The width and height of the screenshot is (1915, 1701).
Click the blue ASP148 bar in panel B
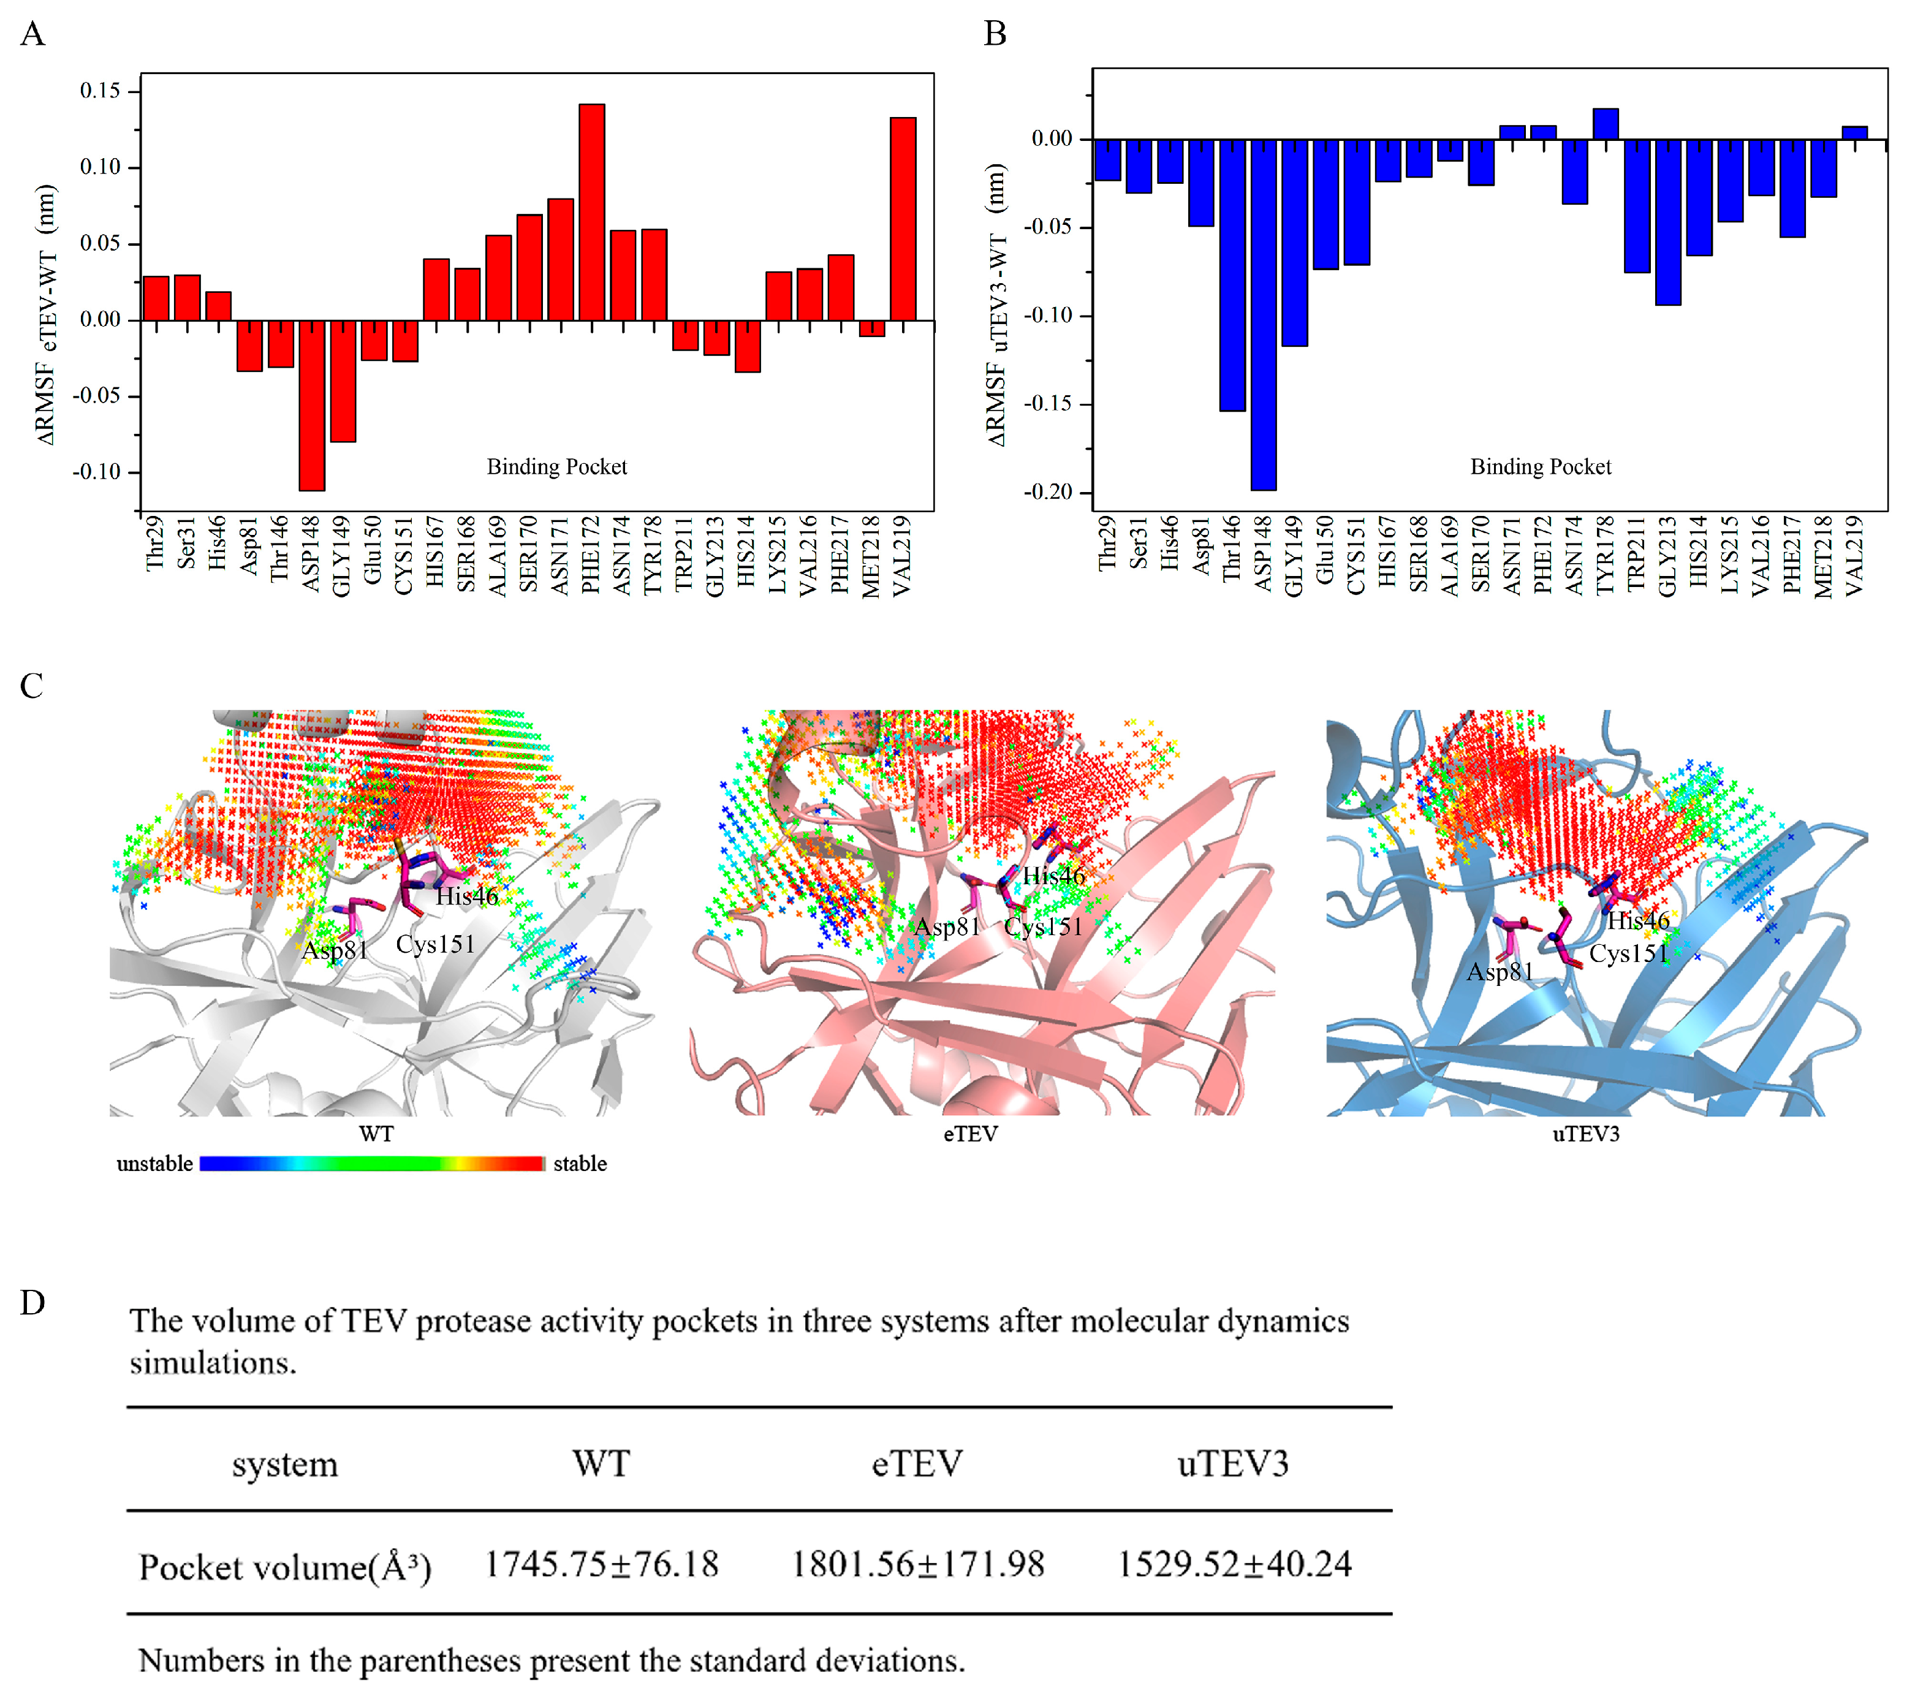click(1263, 315)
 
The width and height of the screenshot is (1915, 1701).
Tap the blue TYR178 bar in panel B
click(1605, 124)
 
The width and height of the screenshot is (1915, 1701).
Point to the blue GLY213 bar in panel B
click(1667, 222)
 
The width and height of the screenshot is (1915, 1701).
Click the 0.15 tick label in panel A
click(100, 91)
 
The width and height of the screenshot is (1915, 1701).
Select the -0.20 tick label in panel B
click(1047, 492)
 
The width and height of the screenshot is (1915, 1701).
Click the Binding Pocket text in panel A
click(556, 466)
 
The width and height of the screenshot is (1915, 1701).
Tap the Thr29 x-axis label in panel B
click(1107, 544)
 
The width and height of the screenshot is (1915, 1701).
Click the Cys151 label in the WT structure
click(434, 944)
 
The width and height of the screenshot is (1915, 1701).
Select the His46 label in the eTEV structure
click(1053, 876)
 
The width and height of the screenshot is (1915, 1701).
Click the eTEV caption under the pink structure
click(971, 1134)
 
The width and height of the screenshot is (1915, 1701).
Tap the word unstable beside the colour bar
click(154, 1164)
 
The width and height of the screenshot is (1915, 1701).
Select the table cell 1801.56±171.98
click(917, 1564)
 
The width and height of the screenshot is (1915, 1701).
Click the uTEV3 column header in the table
click(1233, 1463)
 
